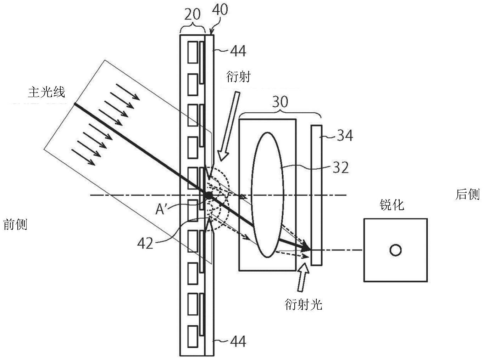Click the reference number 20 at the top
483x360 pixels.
pyautogui.click(x=192, y=15)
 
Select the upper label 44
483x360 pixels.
pyautogui.click(x=238, y=51)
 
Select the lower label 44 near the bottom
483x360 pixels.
pyautogui.click(x=238, y=341)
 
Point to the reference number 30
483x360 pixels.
pyautogui.click(x=280, y=102)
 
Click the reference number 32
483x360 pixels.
pyautogui.click(x=341, y=168)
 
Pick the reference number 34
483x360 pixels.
pyautogui.click(x=345, y=135)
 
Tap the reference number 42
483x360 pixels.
pyautogui.click(x=145, y=243)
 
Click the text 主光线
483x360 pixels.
pyautogui.click(x=47, y=92)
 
